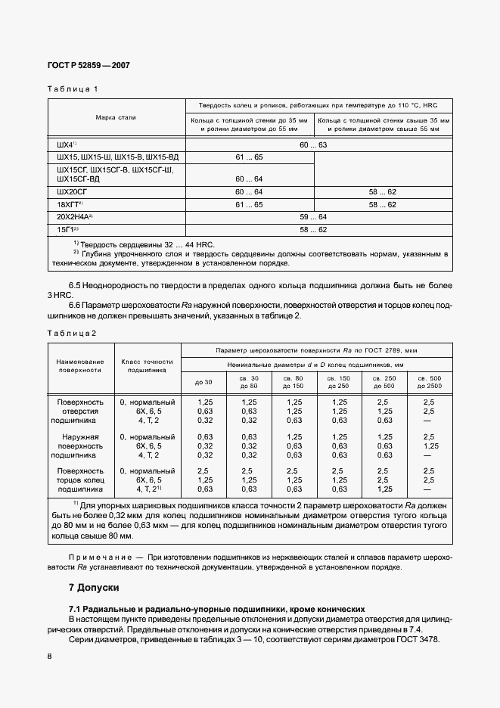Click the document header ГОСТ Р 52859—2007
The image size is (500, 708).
click(x=89, y=65)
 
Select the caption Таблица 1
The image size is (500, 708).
click(x=73, y=89)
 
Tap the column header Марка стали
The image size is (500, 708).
click(x=116, y=118)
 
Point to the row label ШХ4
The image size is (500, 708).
click(x=66, y=144)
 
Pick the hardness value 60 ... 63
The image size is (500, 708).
click(x=313, y=144)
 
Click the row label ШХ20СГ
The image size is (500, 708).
click(x=73, y=192)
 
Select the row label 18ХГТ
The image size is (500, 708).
click(x=68, y=204)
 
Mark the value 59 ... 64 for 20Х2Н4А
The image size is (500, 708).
click(x=313, y=216)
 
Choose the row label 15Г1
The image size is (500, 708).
click(x=67, y=229)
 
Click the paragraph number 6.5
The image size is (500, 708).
click(x=76, y=285)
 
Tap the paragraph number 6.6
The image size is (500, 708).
click(x=76, y=306)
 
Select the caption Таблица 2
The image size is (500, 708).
click(x=73, y=334)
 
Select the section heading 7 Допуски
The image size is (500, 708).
click(x=94, y=587)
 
